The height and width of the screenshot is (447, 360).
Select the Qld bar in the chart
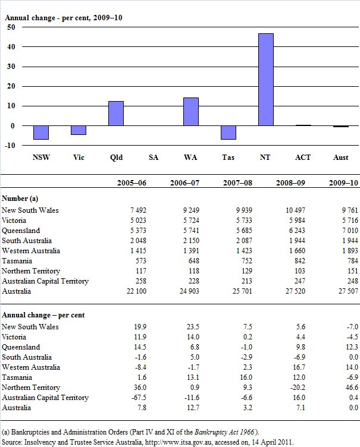coord(116,114)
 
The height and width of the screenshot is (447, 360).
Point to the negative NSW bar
coord(41,133)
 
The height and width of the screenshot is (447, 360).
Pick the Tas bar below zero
coord(228,133)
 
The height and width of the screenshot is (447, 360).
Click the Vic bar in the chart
coord(79,130)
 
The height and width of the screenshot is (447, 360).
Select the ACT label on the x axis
coord(303,158)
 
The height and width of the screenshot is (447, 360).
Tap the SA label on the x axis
coord(154,158)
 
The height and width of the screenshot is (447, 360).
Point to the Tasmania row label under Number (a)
coord(18,261)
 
